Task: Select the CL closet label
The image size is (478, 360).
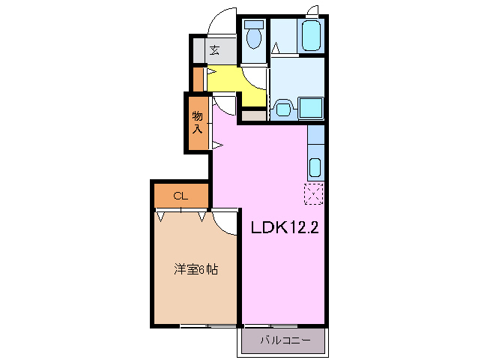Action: point(180,196)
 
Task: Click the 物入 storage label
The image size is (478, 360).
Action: point(197,122)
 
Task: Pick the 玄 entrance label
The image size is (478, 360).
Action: point(214,50)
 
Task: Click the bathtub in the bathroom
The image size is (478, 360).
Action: point(311,34)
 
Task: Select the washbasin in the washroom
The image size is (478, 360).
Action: point(282,108)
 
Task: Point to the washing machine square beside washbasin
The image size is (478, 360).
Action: point(310,108)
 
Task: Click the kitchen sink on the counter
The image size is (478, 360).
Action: point(315,167)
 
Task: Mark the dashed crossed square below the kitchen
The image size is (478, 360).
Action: point(314,193)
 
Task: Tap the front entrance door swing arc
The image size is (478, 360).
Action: point(221,22)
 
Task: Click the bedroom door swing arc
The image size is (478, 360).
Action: point(224,221)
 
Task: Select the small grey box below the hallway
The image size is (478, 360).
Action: point(253,116)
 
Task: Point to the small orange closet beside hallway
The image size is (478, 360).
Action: point(199,79)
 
